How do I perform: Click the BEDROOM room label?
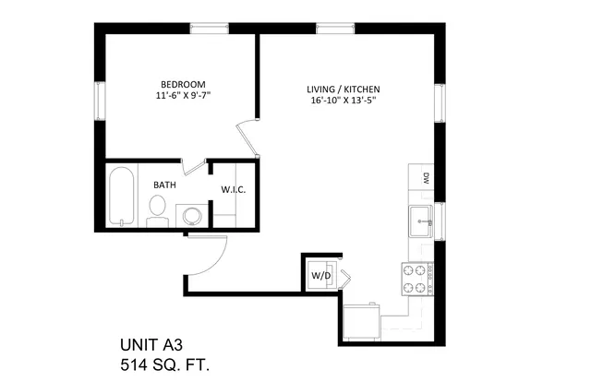[183, 84]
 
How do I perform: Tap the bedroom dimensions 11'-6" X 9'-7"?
[183, 95]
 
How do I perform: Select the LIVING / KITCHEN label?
[344, 90]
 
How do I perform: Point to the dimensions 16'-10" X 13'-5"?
[344, 101]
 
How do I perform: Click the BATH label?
[164, 185]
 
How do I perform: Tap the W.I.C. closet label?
[234, 189]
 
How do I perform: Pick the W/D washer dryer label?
[321, 276]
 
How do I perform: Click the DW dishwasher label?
[427, 178]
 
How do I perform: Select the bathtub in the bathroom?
[121, 197]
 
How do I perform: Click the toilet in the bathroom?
[158, 211]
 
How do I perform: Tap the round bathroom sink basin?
[193, 216]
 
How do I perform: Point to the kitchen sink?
[421, 221]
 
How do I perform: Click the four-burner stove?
[417, 280]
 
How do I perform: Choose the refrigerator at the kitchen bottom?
[361, 322]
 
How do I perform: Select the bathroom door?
[193, 167]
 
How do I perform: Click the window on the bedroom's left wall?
[100, 101]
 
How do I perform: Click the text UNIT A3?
[151, 345]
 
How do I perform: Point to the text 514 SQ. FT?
[165, 365]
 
